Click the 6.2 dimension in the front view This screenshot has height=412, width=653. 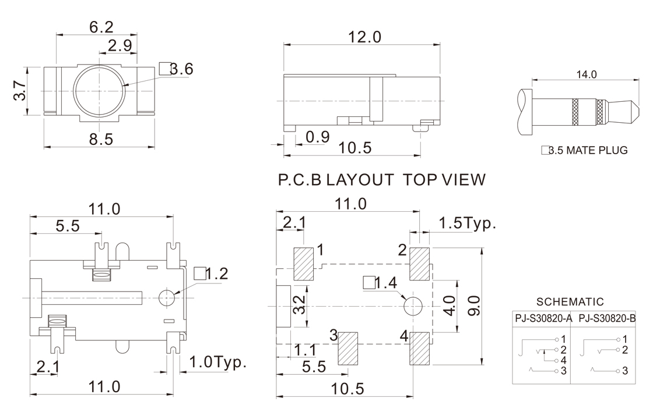point(101,27)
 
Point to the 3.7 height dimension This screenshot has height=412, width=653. point(19,91)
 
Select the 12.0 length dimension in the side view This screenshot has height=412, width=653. point(364,37)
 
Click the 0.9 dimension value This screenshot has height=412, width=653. point(318,137)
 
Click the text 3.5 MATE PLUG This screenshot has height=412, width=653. point(584,150)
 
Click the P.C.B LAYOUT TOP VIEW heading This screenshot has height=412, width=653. point(381,180)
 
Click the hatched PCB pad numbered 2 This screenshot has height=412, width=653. point(420,263)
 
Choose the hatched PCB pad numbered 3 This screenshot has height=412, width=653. point(349,349)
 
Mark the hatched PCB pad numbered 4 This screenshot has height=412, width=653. point(420,349)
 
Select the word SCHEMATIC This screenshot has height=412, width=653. point(570,301)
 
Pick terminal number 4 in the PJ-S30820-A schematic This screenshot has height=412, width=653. point(563,360)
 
